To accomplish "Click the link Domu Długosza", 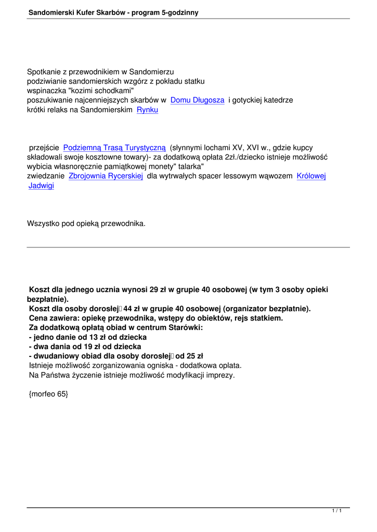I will (197, 100).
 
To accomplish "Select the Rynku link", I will (147, 110).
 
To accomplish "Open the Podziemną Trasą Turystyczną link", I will (114, 148).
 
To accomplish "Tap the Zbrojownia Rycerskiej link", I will (106, 176).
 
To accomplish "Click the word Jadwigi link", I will (41, 185).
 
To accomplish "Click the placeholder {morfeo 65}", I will (48, 394).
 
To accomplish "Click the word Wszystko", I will (43, 224).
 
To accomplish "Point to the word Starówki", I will (185, 327).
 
